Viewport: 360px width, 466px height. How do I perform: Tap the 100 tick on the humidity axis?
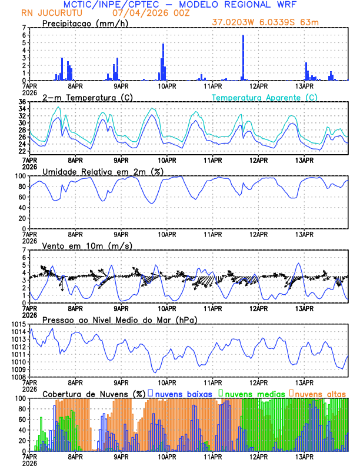[x=20, y=176]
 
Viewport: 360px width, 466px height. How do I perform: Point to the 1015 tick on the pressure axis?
[x=18, y=325]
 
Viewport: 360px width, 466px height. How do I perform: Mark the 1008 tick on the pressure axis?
[x=18, y=377]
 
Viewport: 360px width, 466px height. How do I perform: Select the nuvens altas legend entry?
[x=320, y=393]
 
